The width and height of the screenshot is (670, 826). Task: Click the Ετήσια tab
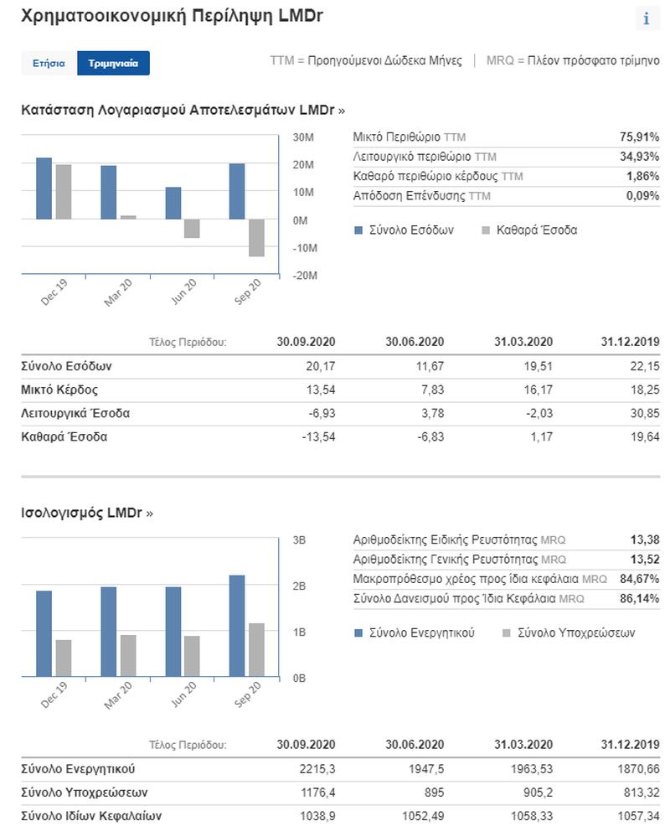tap(49, 63)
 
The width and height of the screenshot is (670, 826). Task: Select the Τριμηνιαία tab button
tap(113, 63)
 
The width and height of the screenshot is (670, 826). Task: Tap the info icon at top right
tap(647, 19)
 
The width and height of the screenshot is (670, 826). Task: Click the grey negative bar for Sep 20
tap(256, 238)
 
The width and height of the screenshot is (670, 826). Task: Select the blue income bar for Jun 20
tap(173, 203)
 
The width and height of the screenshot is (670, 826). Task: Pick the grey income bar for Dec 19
tap(64, 192)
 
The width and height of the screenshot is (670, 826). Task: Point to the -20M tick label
tap(305, 276)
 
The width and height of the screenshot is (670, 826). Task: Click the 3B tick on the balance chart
tap(299, 540)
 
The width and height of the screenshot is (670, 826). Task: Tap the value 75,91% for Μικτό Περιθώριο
tap(640, 137)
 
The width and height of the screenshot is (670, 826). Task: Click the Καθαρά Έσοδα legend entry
tap(529, 230)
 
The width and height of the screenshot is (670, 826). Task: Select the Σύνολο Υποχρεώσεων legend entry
tap(569, 632)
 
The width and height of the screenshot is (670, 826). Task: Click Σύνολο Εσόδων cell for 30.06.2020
tap(430, 366)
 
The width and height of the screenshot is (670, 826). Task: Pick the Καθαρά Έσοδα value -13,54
tap(318, 436)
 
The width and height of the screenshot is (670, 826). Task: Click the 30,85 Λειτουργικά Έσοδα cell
tap(645, 414)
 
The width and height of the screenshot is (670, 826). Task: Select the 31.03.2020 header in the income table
tap(523, 342)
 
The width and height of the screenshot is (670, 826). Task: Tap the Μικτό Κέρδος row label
tap(59, 390)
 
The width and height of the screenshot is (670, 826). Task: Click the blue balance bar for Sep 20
tap(237, 626)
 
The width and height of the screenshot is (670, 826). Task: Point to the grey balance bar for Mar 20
tap(128, 656)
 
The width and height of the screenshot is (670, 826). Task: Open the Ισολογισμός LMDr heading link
tap(87, 513)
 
